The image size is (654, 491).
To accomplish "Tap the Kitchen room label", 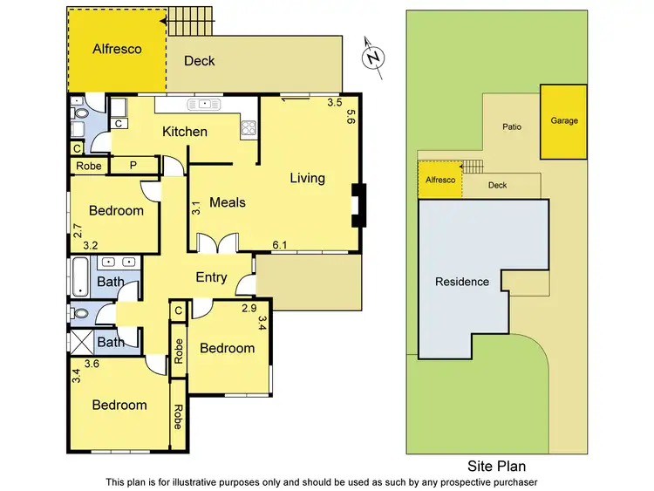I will [185, 132].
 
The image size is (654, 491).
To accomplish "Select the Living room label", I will [307, 178].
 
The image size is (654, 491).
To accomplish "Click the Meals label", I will [228, 202].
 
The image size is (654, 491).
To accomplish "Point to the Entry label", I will [211, 277].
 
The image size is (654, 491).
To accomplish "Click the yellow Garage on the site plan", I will [562, 122].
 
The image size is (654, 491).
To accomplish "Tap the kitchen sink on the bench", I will [205, 105].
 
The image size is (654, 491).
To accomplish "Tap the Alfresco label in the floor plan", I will [117, 50].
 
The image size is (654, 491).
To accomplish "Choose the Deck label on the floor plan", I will [199, 61].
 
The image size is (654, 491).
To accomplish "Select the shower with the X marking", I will [81, 342].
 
